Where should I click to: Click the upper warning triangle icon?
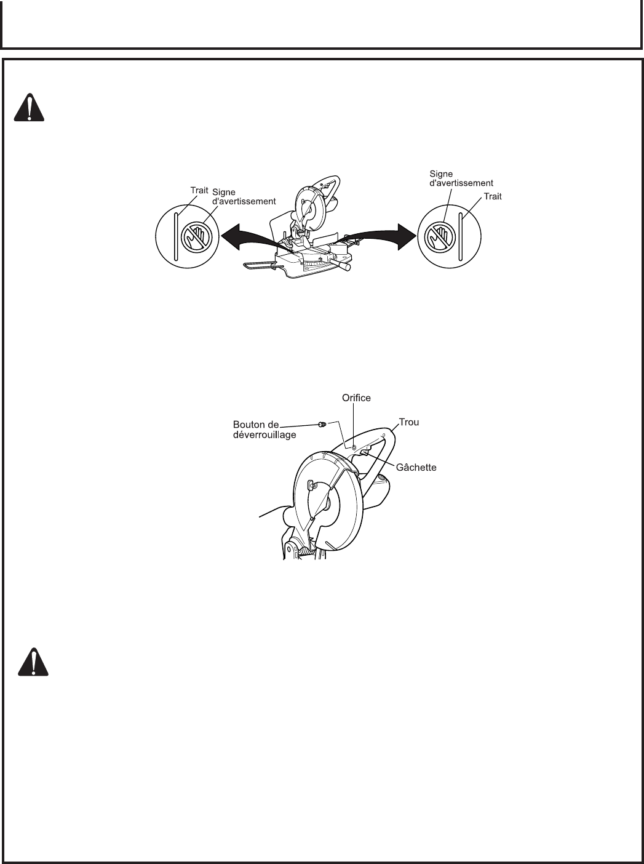click(28, 109)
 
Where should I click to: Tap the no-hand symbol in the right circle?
click(439, 236)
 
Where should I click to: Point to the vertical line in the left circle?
click(176, 236)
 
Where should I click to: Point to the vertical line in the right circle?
click(459, 236)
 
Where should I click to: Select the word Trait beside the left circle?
click(199, 191)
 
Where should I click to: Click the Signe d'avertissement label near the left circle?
click(244, 196)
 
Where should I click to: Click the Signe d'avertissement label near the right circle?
click(461, 178)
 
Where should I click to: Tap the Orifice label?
click(356, 398)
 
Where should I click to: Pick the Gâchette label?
click(416, 468)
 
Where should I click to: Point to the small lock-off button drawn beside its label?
click(321, 424)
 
